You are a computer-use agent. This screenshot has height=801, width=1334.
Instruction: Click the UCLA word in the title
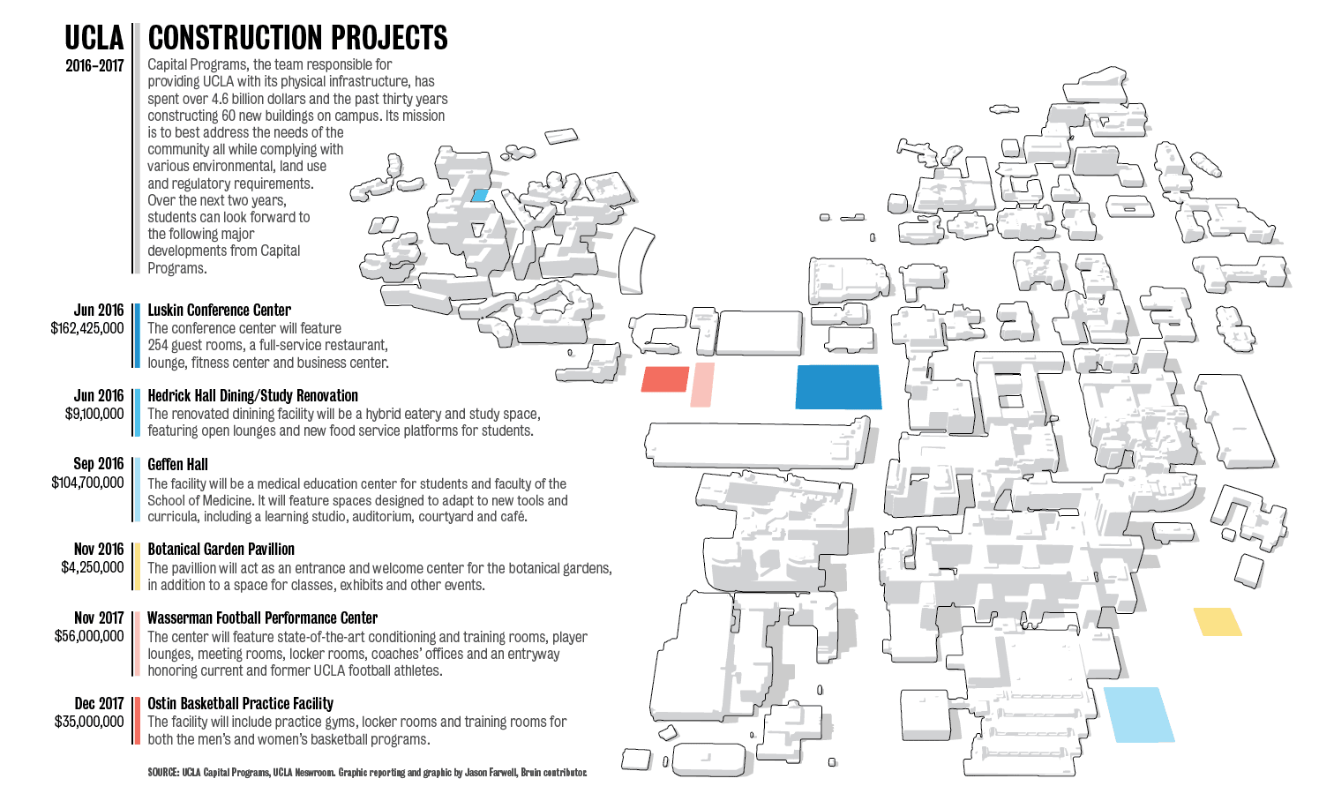coord(94,38)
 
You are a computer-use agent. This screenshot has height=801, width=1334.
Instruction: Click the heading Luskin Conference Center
coord(219,310)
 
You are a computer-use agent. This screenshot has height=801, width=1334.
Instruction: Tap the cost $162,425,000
coord(87,328)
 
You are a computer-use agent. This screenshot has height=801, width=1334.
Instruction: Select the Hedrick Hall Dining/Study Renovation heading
coord(253,395)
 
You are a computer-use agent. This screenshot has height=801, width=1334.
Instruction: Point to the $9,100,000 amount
coord(94,414)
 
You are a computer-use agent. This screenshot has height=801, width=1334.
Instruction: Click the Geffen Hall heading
coord(177,464)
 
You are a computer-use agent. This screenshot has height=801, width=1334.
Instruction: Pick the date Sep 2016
coord(98,463)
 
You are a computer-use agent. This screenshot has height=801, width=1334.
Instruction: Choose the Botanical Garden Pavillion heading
coord(221,549)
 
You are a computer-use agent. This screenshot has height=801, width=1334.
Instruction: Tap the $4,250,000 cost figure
coord(93,567)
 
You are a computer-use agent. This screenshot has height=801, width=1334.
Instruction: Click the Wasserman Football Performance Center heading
coord(263,618)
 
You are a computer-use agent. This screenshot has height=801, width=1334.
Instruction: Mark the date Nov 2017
coord(99,618)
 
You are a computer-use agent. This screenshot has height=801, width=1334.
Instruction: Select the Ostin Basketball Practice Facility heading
coord(241,703)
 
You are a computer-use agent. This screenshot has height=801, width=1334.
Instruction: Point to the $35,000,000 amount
coord(89,722)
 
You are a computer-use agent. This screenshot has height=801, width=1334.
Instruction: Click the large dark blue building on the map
coord(838,387)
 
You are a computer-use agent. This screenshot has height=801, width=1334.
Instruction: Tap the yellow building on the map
coord(1218,622)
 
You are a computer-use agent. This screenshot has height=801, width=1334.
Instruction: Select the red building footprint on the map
coord(664,379)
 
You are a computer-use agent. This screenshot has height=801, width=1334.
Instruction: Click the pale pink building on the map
coord(702,385)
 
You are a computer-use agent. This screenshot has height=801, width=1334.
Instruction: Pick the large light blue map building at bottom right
coord(1139,715)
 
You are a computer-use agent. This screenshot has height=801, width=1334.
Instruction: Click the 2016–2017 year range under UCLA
coord(94,65)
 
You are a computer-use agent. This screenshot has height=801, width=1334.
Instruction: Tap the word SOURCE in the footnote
coord(163,773)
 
